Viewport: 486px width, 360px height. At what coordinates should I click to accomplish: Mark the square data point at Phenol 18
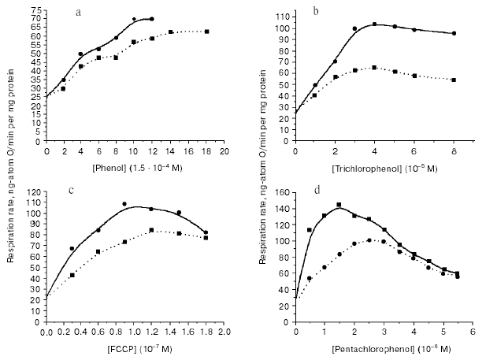tap(206, 32)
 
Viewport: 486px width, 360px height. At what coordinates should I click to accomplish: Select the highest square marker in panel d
tap(339, 205)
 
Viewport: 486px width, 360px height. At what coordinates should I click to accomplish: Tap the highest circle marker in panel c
tap(124, 204)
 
